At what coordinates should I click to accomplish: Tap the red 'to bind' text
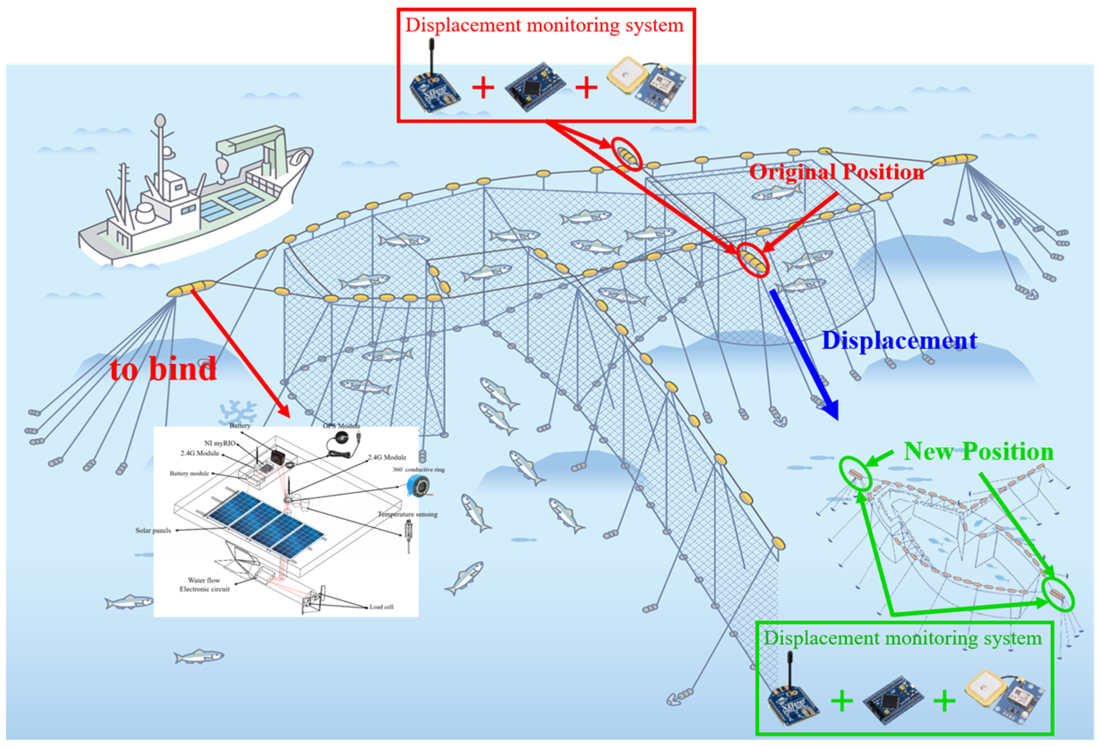click(163, 369)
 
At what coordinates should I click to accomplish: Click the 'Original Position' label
click(836, 172)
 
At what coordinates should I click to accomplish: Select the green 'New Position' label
click(978, 451)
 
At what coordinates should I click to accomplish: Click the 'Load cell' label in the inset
click(381, 607)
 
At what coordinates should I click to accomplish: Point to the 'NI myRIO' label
click(220, 443)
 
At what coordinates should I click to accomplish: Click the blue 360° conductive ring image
click(418, 486)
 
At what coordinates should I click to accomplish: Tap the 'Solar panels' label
click(153, 531)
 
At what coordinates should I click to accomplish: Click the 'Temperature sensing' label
click(407, 514)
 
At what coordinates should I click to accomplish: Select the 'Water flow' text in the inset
click(204, 580)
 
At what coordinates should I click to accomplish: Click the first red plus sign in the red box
click(483, 88)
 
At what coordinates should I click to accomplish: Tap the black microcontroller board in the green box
click(893, 700)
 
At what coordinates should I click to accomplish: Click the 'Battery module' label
click(189, 474)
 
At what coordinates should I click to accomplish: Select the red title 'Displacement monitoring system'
click(544, 25)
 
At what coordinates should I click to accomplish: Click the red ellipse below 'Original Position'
click(753, 259)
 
